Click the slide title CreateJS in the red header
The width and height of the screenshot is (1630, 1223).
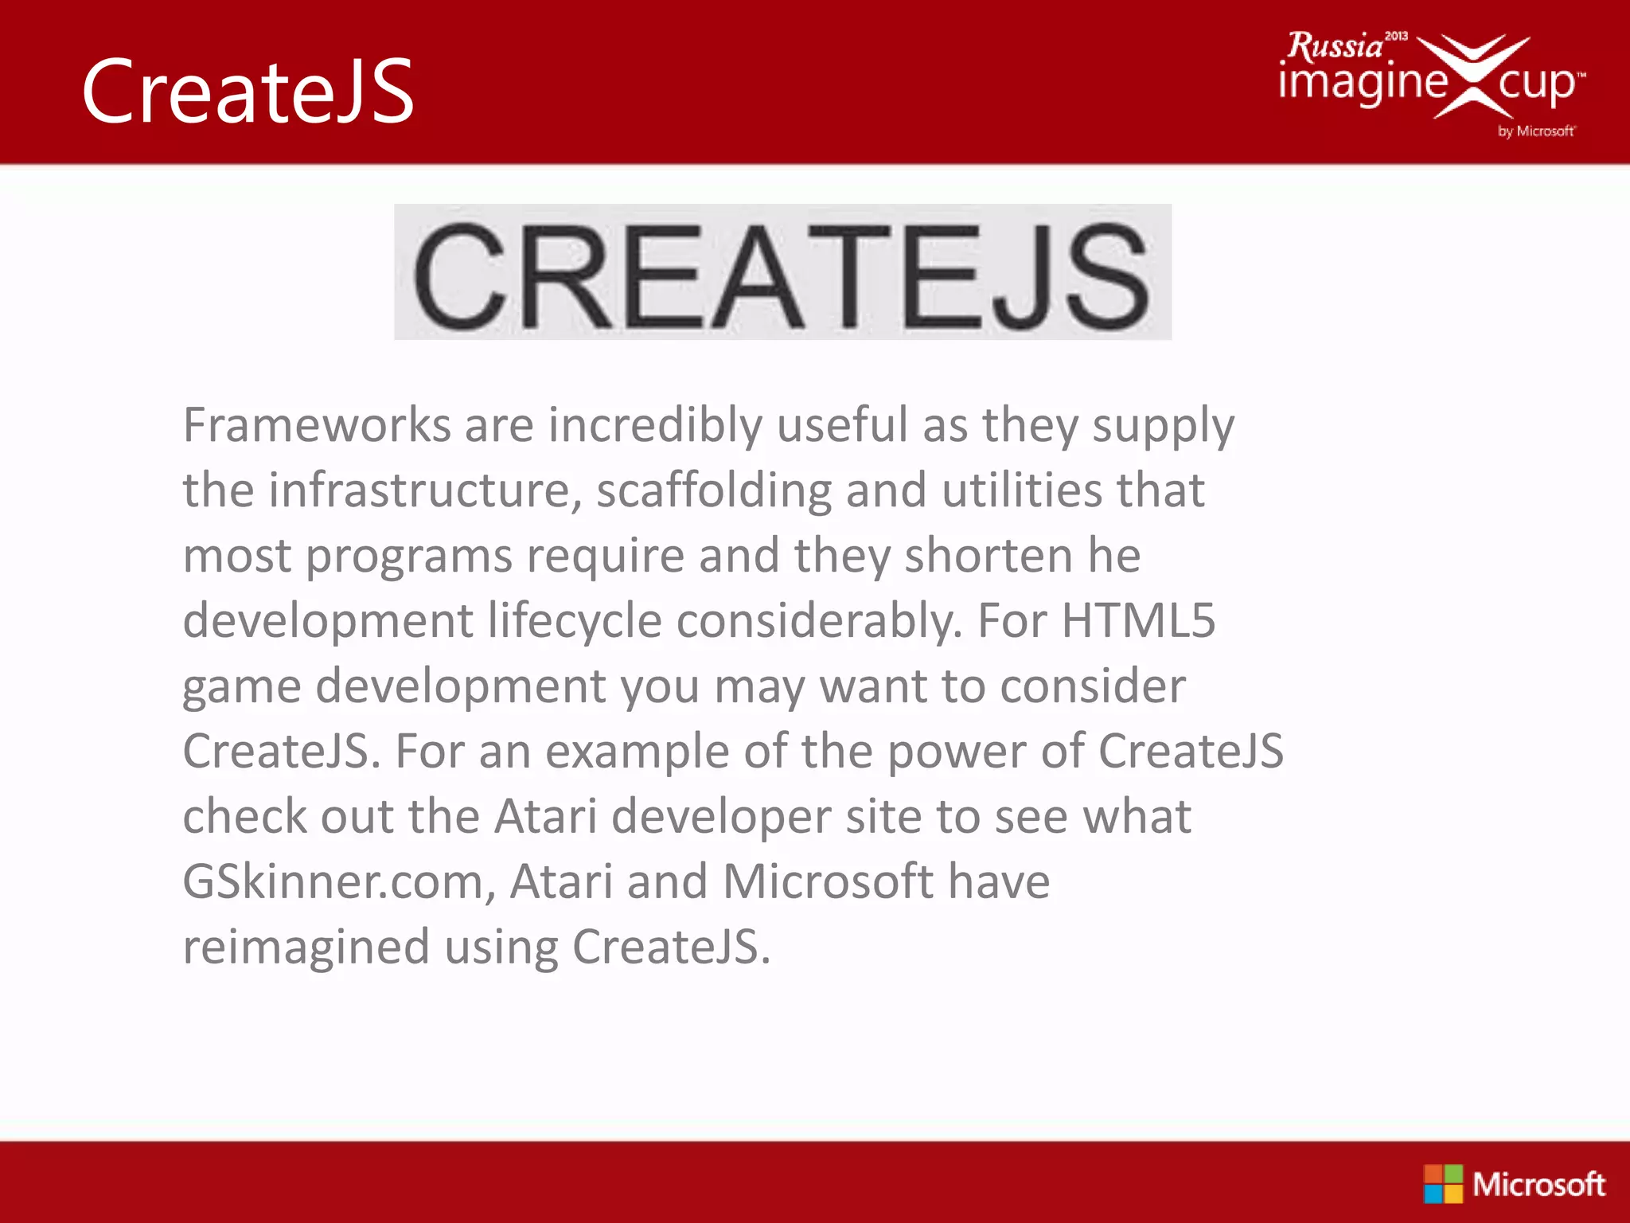[x=248, y=92]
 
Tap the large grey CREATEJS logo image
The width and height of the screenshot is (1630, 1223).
[x=782, y=272]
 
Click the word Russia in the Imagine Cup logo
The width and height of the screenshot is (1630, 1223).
[x=1336, y=46]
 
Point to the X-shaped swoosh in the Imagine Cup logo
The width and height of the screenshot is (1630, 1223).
[x=1473, y=76]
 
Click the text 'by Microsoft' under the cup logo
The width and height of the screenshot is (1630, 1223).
[x=1535, y=131]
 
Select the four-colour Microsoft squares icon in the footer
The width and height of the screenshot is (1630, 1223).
[x=1443, y=1184]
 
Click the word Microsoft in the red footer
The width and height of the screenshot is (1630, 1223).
[x=1538, y=1185]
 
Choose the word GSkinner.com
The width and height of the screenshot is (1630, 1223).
[x=338, y=881]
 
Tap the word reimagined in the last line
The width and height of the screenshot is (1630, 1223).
[x=306, y=947]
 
